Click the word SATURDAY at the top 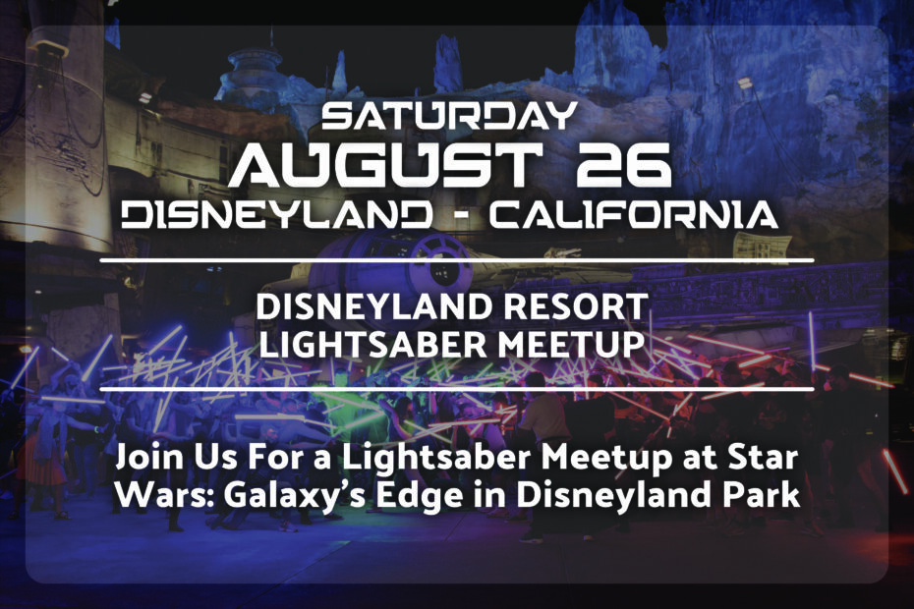coord(449,116)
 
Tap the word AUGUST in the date coord(384,165)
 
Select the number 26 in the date coord(624,165)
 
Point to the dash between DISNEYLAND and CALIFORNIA coord(461,216)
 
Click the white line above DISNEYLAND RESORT coord(457,260)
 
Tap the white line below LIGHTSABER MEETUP coord(457,389)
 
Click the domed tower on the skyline coord(255,73)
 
